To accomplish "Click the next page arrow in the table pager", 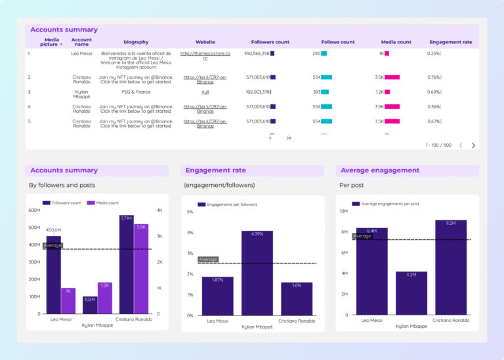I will (473, 145).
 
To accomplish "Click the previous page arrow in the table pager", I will (461, 145).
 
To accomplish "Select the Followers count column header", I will (270, 42).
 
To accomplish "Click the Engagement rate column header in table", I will (450, 42).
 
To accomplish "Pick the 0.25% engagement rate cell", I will (434, 53).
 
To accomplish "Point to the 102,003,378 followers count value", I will (257, 92).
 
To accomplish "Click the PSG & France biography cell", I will (136, 92).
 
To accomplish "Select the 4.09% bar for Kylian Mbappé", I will (257, 272).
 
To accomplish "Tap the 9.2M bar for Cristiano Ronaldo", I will (451, 267).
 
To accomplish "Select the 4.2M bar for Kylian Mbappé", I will (411, 292).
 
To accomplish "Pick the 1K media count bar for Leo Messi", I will (68, 300).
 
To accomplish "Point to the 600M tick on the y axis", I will (33, 210).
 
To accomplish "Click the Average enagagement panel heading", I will (380, 170).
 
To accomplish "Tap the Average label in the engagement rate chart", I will (208, 260).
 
